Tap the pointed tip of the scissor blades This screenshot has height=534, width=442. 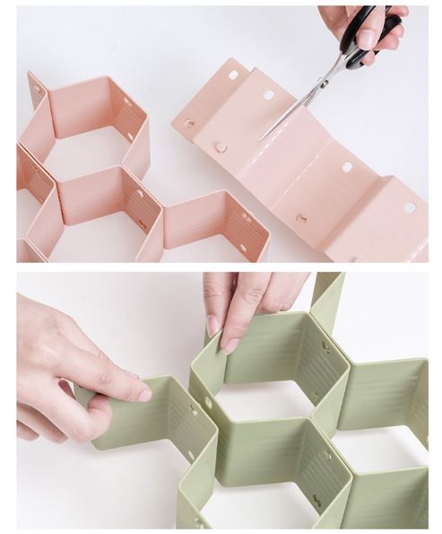click(x=261, y=140)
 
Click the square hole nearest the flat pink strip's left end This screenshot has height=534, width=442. click(x=231, y=75)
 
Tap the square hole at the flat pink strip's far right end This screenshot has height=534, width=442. click(x=409, y=208)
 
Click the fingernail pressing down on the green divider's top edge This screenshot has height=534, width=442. click(x=230, y=345)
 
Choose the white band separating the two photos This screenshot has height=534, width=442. click(x=221, y=267)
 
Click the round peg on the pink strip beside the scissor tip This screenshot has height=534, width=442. click(x=220, y=146)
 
